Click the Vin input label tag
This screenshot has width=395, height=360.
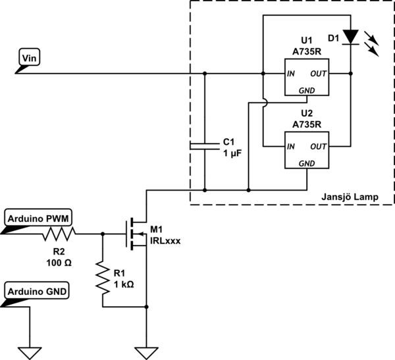click(x=30, y=58)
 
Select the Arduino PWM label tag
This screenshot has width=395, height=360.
click(x=39, y=218)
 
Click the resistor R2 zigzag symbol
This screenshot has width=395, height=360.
click(x=60, y=233)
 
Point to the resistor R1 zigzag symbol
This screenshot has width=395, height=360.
click(x=103, y=277)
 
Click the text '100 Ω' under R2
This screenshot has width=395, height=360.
click(x=59, y=262)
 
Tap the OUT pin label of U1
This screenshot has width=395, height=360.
click(x=319, y=74)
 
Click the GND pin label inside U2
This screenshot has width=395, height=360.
click(x=307, y=163)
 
